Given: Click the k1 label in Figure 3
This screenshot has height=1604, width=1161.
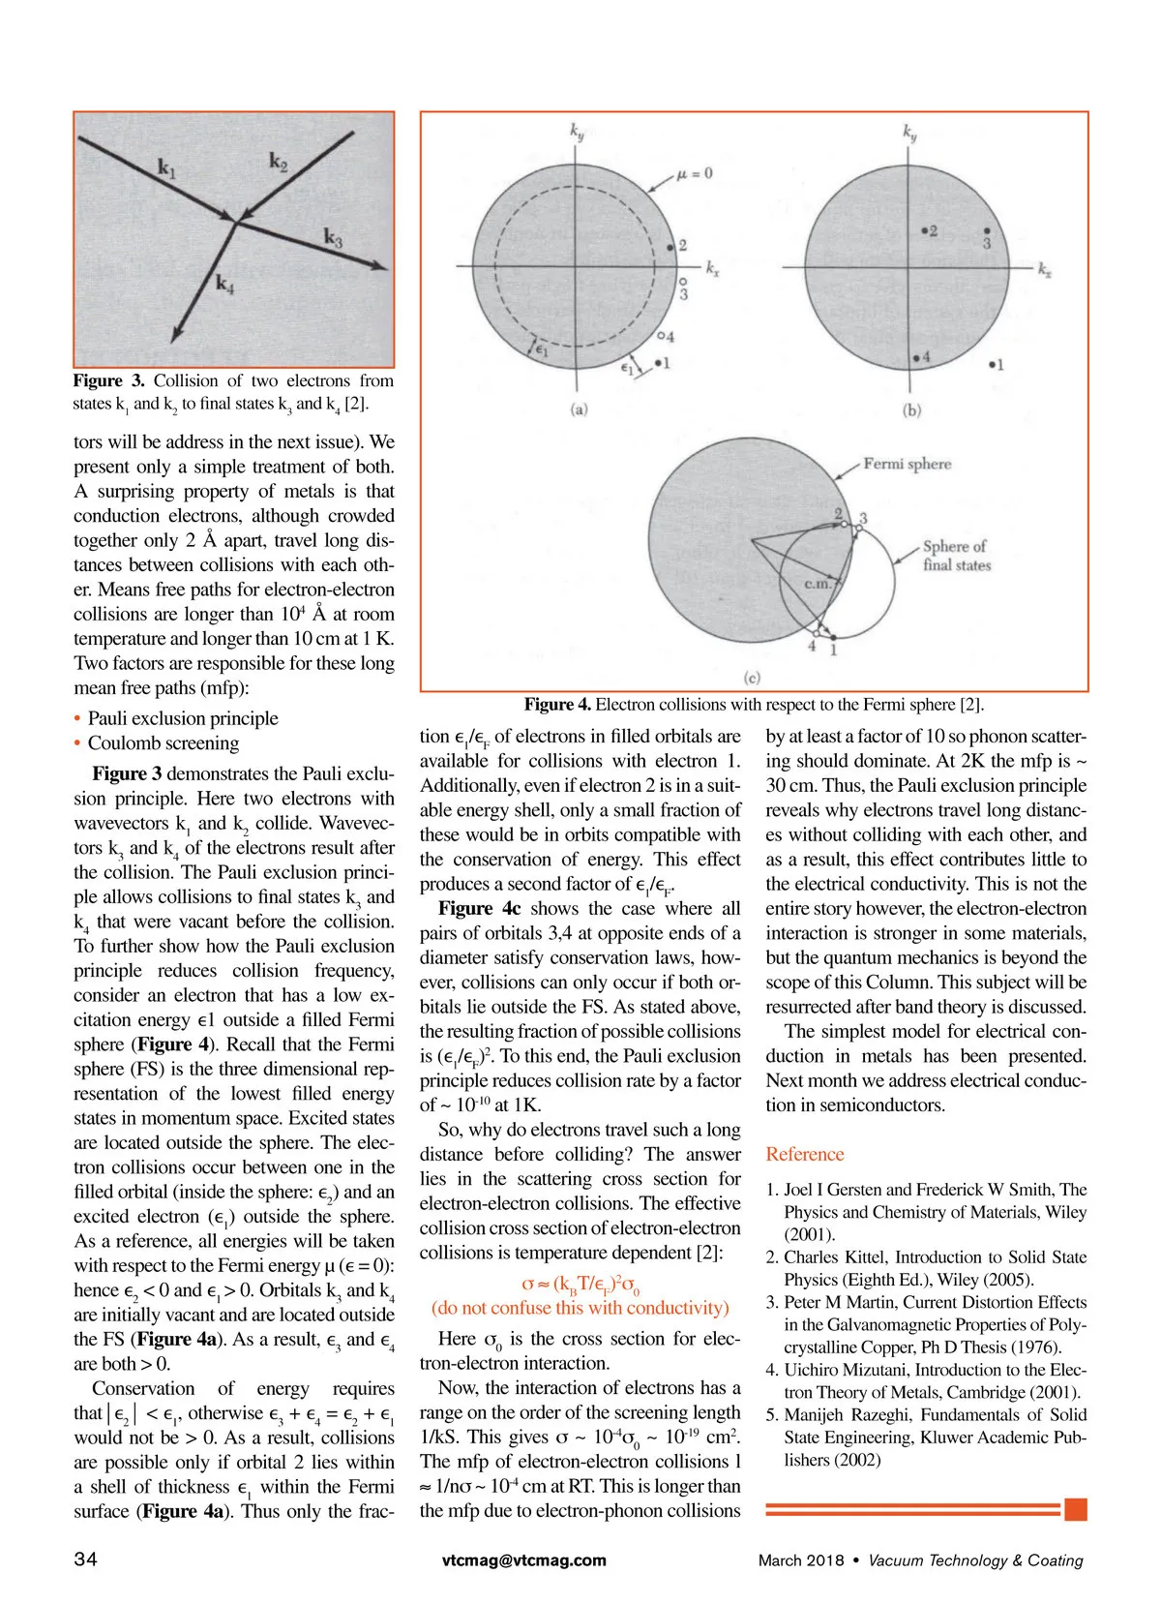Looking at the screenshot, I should click(x=167, y=170).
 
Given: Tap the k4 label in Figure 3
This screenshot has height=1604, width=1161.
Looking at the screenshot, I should click(x=224, y=284).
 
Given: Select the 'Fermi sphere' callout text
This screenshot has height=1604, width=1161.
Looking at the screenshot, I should click(x=907, y=464).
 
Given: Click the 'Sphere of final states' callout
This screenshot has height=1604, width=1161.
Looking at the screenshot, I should click(x=956, y=556).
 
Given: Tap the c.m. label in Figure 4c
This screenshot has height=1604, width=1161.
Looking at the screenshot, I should click(x=818, y=584).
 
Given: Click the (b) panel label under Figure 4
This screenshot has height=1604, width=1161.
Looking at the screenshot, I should click(x=911, y=409).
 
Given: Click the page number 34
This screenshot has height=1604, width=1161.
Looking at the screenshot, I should click(x=85, y=1559).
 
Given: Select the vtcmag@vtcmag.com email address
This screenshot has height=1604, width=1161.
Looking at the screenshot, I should click(x=523, y=1560).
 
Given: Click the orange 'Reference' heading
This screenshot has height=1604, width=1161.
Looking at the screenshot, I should click(x=804, y=1154).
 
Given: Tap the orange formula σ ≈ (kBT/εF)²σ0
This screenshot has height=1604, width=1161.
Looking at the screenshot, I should click(x=580, y=1285).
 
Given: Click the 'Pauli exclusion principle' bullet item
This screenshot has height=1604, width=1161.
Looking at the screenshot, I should click(x=183, y=718).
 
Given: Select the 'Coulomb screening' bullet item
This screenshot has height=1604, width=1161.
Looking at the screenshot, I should click(x=163, y=743).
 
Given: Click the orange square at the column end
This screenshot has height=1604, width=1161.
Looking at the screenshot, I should click(x=1075, y=1509).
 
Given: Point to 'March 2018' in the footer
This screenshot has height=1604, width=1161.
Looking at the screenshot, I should click(x=800, y=1560).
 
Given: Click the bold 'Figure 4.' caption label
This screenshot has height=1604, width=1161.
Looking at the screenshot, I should click(x=557, y=705).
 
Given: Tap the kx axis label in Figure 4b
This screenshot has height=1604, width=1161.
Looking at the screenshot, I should click(x=1045, y=270).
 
